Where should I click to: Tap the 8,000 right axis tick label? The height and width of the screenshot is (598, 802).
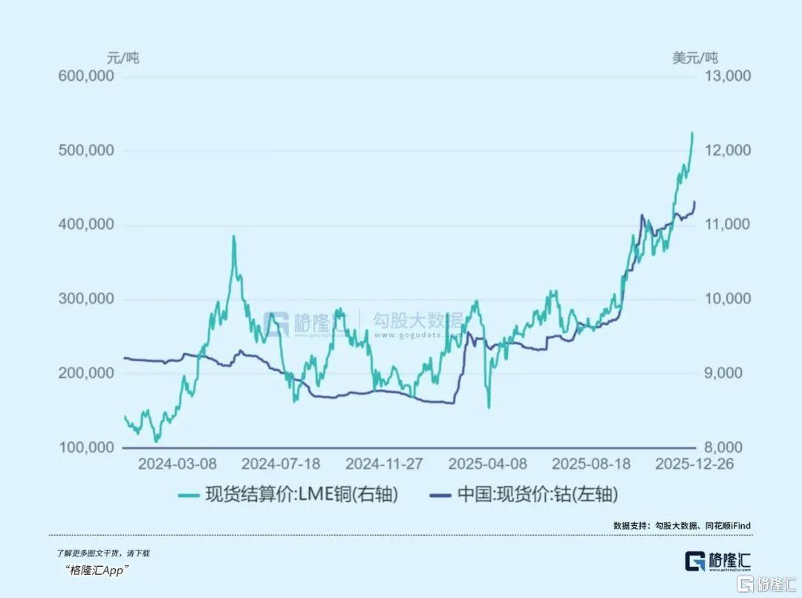click(x=728, y=448)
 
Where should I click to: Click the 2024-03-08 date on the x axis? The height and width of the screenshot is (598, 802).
click(x=177, y=464)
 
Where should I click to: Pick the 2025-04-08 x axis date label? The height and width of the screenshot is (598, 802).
click(x=488, y=464)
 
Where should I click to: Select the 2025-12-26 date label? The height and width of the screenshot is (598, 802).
click(x=694, y=464)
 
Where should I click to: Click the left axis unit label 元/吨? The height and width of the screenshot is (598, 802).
click(x=123, y=57)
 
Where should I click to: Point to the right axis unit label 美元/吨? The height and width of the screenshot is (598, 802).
click(x=695, y=57)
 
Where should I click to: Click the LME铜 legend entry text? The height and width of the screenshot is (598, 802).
click(x=301, y=495)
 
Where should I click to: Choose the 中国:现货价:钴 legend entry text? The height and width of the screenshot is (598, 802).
click(x=537, y=495)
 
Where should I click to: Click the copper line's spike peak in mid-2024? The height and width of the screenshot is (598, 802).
click(x=233, y=236)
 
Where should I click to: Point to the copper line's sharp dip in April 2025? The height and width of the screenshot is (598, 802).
click(x=489, y=407)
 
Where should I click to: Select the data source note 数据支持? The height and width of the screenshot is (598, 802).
click(x=681, y=525)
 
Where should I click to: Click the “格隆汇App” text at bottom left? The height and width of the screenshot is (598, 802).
click(x=97, y=570)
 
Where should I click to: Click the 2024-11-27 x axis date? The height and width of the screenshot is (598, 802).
click(x=384, y=464)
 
